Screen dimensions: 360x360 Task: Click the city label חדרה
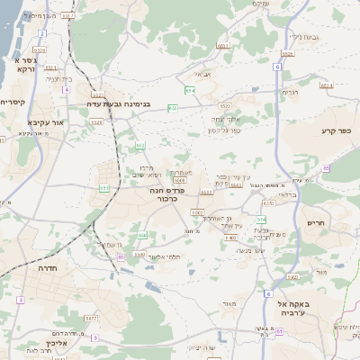pos(48,268)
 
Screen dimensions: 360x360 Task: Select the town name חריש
pos(315,222)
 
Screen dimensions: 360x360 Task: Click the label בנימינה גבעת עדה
pos(133,103)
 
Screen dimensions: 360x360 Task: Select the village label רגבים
pos(290,92)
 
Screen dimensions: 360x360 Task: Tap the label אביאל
pos(202,75)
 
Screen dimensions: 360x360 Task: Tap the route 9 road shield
pos(267,293)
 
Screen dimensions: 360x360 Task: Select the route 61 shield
pos(280,331)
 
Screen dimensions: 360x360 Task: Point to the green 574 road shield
pos(261,220)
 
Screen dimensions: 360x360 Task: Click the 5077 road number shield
pos(90,318)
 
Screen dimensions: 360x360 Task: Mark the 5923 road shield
pos(292,277)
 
